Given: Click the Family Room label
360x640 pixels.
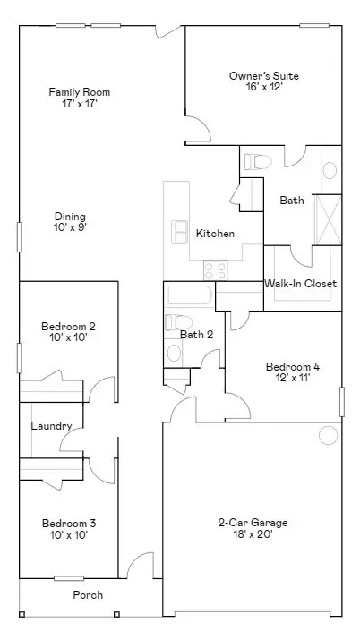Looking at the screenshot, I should (73, 91).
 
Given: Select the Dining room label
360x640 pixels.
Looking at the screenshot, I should (70, 216).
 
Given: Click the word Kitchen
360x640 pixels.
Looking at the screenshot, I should (215, 234).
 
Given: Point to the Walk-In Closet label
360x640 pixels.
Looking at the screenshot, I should (300, 284).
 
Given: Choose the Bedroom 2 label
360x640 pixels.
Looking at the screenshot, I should (68, 327).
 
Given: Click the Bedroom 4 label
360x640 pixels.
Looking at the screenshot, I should (292, 366).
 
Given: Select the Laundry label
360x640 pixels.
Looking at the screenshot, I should (50, 426).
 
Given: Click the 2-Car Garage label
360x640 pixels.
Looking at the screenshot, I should (253, 523).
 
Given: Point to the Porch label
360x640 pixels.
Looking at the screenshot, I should (88, 594).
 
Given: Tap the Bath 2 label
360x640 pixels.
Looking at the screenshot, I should (196, 335).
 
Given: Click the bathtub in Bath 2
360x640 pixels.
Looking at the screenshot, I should (188, 296).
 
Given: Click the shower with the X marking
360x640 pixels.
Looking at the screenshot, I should (328, 218).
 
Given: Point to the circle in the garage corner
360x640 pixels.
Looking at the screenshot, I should (329, 436).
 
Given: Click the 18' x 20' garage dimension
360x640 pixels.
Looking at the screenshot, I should (253, 535).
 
